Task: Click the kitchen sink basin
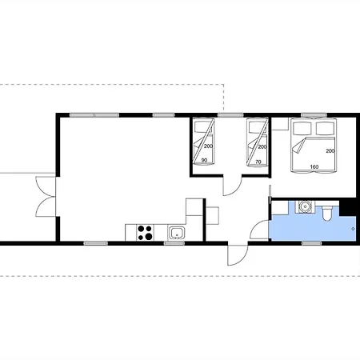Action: point(176,233)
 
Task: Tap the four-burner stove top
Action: point(145,233)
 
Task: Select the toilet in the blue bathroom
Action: point(327,213)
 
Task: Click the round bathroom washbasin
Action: point(305,206)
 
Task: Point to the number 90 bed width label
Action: point(204,160)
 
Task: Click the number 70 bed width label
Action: point(258,162)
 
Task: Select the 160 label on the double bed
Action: point(314,166)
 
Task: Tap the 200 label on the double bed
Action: point(330,151)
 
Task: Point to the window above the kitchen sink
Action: point(174,243)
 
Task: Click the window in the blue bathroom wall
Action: point(312,243)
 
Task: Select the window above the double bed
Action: point(314,115)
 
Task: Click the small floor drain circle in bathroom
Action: point(354,229)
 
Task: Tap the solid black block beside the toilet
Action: point(348,206)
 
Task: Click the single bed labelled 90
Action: point(204,142)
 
